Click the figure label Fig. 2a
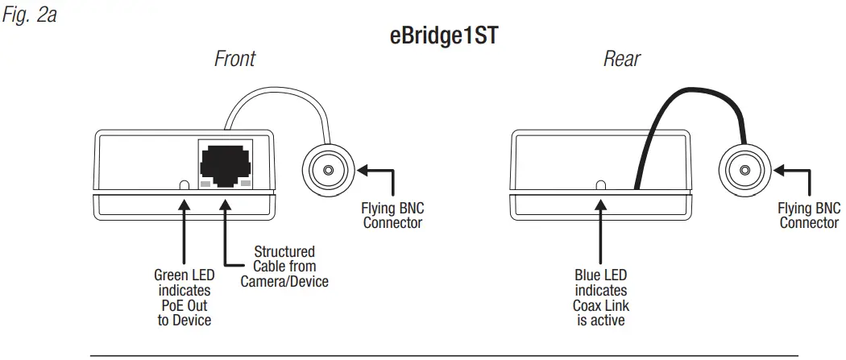(x=29, y=15)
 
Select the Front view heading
(x=234, y=59)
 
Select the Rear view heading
(x=622, y=59)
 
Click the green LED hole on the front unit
(x=185, y=185)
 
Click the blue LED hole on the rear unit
(x=600, y=185)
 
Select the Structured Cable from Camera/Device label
(x=284, y=267)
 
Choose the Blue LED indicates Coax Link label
(x=600, y=297)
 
